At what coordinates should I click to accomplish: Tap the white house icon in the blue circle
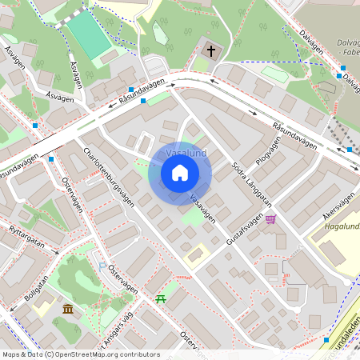pyautogui.click(x=180, y=172)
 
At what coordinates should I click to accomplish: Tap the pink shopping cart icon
pyautogui.click(x=271, y=219)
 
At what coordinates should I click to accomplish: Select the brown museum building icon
pyautogui.click(x=68, y=309)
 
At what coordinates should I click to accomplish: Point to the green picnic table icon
pyautogui.click(x=161, y=298)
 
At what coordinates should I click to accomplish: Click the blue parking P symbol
pyautogui.click(x=102, y=265)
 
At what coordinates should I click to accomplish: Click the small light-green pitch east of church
pyautogui.click(x=275, y=74)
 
